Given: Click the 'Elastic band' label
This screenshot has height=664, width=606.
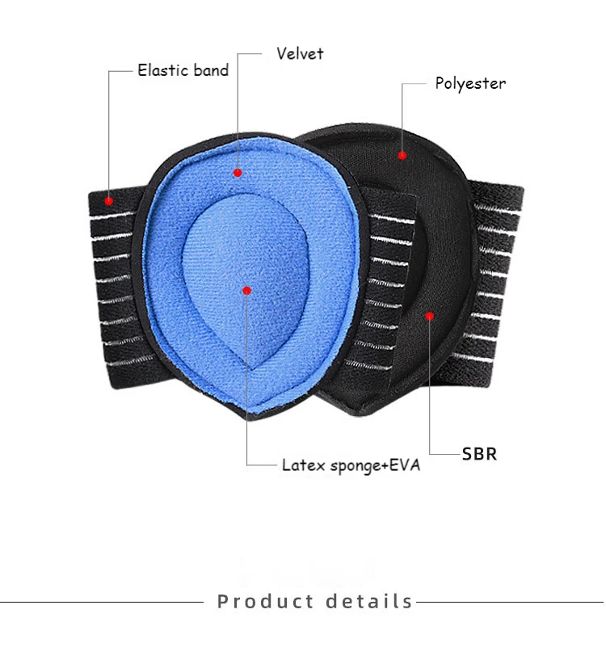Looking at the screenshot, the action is click(x=183, y=69).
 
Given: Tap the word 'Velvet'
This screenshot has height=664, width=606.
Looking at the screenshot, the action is click(x=300, y=53).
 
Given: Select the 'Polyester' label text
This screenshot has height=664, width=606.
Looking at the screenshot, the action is click(x=470, y=83).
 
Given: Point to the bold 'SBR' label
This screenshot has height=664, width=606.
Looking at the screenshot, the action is click(x=479, y=454).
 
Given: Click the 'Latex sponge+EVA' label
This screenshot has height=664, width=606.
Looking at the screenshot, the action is click(x=351, y=465).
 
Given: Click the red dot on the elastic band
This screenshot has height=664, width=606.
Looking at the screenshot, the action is click(x=109, y=200).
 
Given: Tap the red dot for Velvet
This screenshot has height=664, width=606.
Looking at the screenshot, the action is click(x=238, y=173).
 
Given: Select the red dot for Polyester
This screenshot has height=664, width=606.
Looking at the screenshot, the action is click(x=402, y=155).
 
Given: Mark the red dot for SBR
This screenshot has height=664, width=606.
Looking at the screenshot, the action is click(x=430, y=316).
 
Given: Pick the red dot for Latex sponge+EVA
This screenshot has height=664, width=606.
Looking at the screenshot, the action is click(x=247, y=291).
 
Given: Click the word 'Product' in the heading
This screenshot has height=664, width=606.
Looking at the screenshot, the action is click(x=266, y=601).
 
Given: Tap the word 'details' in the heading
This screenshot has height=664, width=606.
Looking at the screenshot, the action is click(x=369, y=601).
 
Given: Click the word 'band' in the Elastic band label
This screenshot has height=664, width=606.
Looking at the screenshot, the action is click(x=209, y=69).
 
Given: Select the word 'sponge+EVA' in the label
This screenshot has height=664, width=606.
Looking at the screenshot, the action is click(x=375, y=466).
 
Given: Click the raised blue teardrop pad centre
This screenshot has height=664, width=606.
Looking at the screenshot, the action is click(x=246, y=279).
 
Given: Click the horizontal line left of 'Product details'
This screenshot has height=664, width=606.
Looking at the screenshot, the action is click(x=102, y=602).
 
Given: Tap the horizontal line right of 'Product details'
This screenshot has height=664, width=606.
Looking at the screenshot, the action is click(x=510, y=602).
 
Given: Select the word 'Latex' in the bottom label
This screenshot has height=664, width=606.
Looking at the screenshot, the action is click(x=304, y=465).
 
